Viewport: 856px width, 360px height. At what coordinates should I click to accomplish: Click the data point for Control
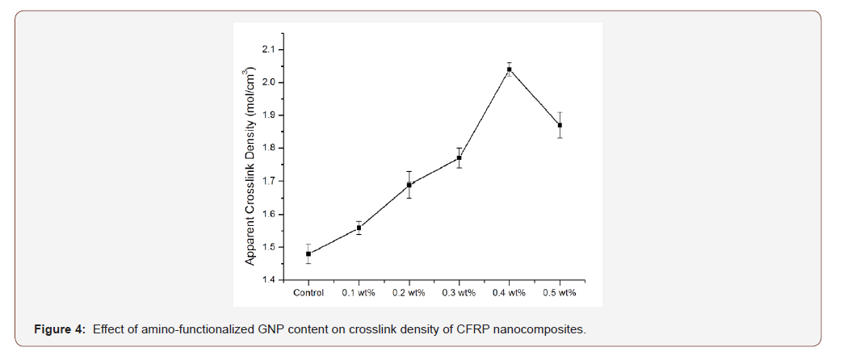308,253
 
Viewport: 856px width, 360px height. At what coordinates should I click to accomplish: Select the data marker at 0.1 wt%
359,228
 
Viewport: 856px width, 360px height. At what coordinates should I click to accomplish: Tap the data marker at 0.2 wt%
409,185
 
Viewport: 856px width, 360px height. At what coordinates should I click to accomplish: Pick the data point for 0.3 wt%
459,157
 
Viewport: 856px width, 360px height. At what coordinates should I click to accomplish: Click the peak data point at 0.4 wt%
510,69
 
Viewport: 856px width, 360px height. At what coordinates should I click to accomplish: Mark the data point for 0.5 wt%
560,125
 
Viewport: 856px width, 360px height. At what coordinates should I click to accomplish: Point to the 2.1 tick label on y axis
267,50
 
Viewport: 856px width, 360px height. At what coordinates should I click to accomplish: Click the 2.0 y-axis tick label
267,82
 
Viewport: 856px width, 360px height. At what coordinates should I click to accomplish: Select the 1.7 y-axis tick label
267,182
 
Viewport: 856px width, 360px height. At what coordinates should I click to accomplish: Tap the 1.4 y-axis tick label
267,280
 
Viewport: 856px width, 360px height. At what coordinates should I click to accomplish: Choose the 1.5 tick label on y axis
267,247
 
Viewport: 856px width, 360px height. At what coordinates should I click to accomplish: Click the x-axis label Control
308,293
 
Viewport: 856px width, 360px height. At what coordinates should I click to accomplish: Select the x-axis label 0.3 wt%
459,293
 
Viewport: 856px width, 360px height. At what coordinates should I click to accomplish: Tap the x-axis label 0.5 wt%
560,293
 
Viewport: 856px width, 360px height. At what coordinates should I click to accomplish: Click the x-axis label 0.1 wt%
359,293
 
